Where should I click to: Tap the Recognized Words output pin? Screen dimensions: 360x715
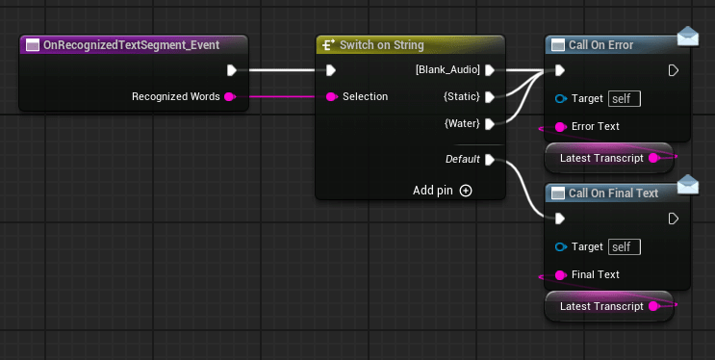pyautogui.click(x=229, y=96)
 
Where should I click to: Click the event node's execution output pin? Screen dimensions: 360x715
pyautogui.click(x=231, y=69)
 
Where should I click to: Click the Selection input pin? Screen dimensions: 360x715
pyautogui.click(x=331, y=96)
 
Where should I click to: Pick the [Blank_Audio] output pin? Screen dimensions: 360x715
pyautogui.click(x=490, y=69)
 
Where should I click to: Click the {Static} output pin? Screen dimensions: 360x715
pyautogui.click(x=490, y=96)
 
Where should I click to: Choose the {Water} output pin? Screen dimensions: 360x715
pyautogui.click(x=490, y=123)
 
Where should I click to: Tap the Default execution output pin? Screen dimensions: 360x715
pyautogui.click(x=490, y=160)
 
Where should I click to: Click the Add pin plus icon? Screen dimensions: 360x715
pyautogui.click(x=466, y=191)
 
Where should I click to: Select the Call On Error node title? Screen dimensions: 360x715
pyautogui.click(x=600, y=45)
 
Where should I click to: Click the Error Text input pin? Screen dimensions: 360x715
pyautogui.click(x=560, y=126)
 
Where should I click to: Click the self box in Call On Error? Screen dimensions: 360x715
pyautogui.click(x=625, y=98)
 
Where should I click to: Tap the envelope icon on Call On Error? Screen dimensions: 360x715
pyautogui.click(x=687, y=37)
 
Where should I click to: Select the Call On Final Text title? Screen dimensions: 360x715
pyautogui.click(x=613, y=193)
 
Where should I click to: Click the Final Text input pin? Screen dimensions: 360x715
pyautogui.click(x=560, y=274)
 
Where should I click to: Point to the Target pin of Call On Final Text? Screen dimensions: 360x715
pyautogui.click(x=560, y=247)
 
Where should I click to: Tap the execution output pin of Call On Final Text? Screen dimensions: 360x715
pyautogui.click(x=674, y=219)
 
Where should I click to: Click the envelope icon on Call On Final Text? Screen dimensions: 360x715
pyautogui.click(x=687, y=184)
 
